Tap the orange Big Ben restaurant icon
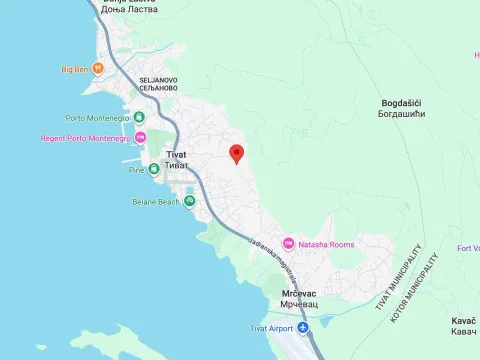[97, 69]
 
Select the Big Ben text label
[75, 69]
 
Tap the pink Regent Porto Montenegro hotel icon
[141, 137]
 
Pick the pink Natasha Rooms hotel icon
[288, 244]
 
